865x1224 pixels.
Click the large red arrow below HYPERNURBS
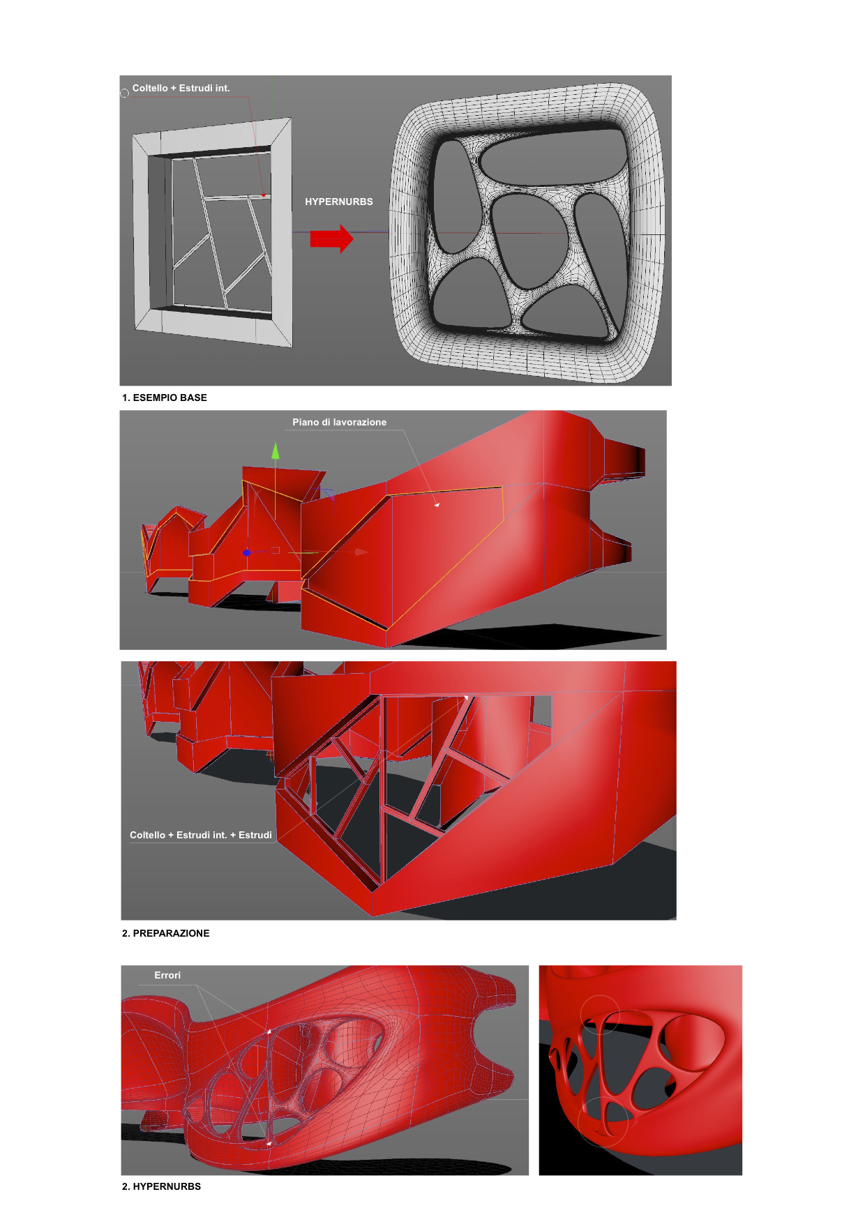pos(332,239)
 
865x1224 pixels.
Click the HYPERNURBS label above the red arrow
pos(339,202)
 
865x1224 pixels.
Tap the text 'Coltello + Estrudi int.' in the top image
pos(181,88)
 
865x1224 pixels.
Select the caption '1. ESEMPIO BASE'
pos(165,398)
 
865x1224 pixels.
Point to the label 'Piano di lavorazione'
pos(340,422)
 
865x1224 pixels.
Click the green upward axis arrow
pos(276,451)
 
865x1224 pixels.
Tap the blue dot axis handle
pos(246,553)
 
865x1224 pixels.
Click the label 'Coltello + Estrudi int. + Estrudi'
pos(201,835)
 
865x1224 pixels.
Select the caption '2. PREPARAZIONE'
pos(166,933)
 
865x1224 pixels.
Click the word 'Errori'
pos(167,975)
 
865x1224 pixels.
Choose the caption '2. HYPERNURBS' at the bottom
pos(162,1186)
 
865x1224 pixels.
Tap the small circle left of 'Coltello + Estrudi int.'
pos(125,93)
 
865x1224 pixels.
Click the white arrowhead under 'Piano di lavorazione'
pos(437,504)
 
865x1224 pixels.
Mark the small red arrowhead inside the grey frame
pos(264,195)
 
